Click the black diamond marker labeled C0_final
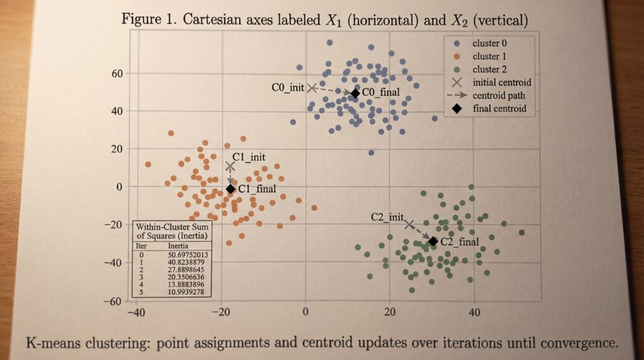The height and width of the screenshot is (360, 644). click(355, 93)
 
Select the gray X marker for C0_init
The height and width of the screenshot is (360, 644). click(311, 87)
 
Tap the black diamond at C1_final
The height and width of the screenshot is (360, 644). click(230, 189)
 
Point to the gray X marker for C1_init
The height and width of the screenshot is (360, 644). click(230, 166)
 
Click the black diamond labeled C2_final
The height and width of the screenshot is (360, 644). click(433, 241)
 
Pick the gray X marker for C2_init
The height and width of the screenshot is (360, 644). click(409, 224)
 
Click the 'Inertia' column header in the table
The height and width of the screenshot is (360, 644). click(179, 245)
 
